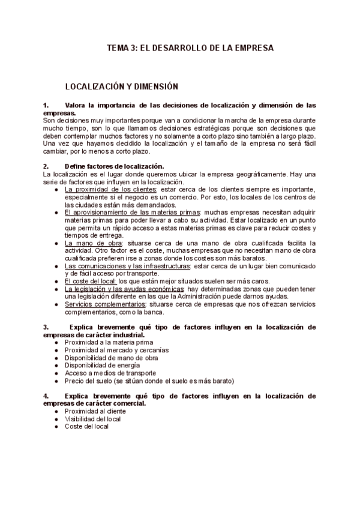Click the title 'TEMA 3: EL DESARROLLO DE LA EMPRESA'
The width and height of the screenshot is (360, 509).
189,47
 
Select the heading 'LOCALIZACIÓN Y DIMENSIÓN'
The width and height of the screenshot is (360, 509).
121,86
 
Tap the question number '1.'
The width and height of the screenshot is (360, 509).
47,105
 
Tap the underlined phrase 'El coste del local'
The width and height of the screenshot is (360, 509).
91,281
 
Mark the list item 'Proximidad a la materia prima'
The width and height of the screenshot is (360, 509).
105,342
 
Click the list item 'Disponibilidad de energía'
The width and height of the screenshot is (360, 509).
102,365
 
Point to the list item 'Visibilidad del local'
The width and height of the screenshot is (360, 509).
93,418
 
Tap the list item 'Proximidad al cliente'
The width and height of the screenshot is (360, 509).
95,411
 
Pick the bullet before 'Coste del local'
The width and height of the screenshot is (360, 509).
56,426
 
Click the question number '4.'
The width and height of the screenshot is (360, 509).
47,396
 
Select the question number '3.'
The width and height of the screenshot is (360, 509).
47,327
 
